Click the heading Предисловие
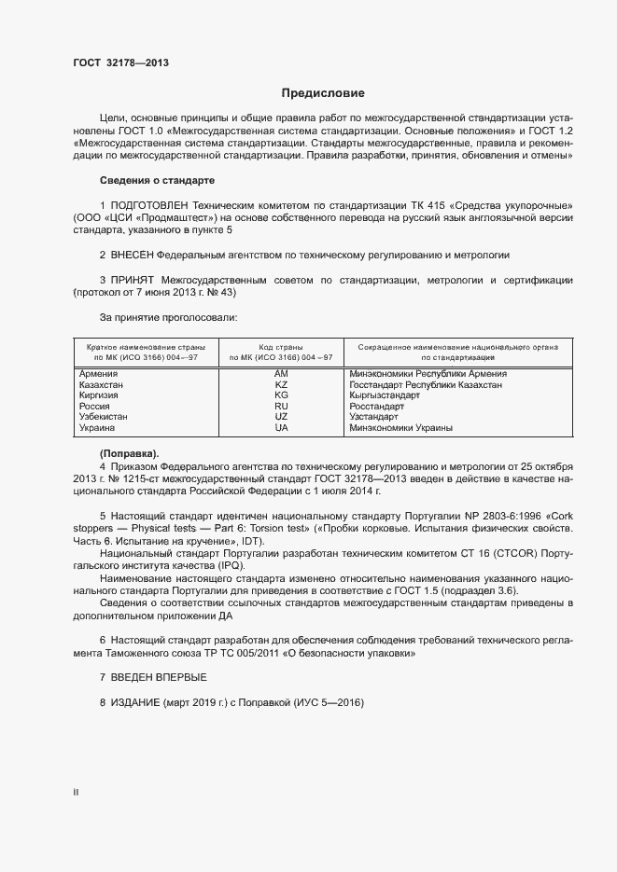click(x=324, y=93)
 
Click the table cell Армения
click(x=98, y=374)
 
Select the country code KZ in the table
click(x=281, y=385)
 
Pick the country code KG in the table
click(x=281, y=395)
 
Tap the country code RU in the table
click(x=281, y=407)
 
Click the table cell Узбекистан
click(x=105, y=417)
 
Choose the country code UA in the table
click(x=281, y=428)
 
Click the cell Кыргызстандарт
click(x=385, y=395)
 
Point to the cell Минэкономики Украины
click(x=400, y=428)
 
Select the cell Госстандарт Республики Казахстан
click(x=426, y=385)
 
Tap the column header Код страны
click(x=281, y=346)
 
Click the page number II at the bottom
click(x=76, y=793)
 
